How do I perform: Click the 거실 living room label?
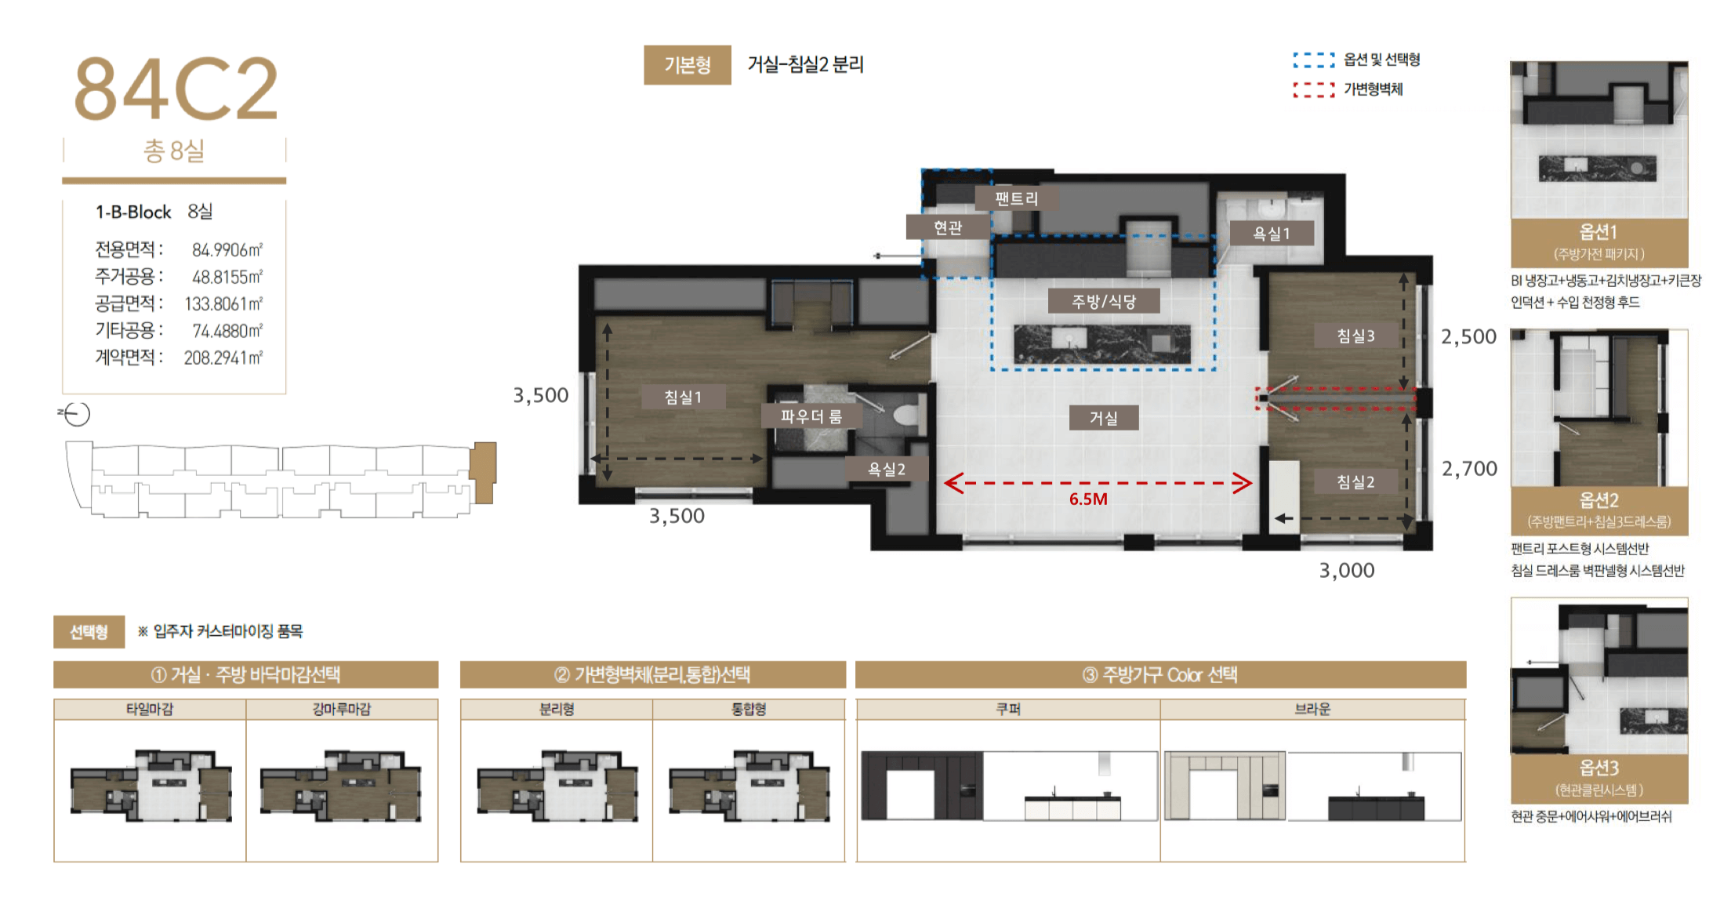click(x=1103, y=418)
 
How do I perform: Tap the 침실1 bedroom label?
click(x=683, y=397)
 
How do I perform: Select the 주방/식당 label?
click(x=1104, y=301)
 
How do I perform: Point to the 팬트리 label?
click(x=1016, y=198)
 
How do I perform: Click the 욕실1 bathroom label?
click(x=1271, y=233)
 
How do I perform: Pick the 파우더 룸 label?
click(x=811, y=416)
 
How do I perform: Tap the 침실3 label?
click(x=1355, y=336)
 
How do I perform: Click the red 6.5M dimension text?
click(x=1088, y=499)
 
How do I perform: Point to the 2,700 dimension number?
click(x=1469, y=469)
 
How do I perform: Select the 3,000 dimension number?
click(x=1347, y=570)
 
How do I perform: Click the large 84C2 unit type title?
click(x=176, y=89)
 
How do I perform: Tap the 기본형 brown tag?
click(x=688, y=64)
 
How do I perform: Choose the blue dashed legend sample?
click(x=1314, y=60)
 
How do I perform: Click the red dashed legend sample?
click(x=1314, y=89)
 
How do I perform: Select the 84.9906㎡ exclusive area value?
click(x=227, y=249)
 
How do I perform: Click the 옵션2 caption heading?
click(x=1599, y=499)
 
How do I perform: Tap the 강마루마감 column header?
click(x=342, y=709)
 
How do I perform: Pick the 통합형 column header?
click(x=749, y=709)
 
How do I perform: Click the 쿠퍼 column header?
click(x=1008, y=709)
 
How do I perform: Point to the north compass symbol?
click(x=76, y=413)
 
